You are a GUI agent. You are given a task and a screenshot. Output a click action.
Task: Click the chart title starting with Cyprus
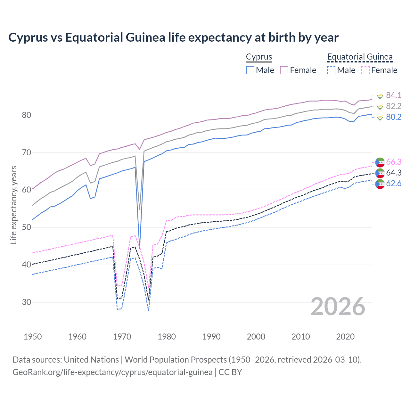[x=173, y=37]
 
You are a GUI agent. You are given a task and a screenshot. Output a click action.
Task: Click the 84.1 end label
[x=394, y=95]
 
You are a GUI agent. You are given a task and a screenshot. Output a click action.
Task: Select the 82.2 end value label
[x=394, y=106]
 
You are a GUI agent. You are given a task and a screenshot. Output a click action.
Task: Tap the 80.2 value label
[x=394, y=117]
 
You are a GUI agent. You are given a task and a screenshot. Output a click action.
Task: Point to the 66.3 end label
[x=394, y=162]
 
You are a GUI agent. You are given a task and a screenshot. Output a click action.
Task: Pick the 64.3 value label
[x=394, y=173]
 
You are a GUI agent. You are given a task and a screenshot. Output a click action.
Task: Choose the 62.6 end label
[x=394, y=184]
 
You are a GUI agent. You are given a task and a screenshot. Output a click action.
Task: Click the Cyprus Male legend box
[x=250, y=70]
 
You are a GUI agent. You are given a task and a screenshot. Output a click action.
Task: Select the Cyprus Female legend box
[x=284, y=70]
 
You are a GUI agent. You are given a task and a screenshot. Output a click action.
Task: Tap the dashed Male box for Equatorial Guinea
[x=331, y=70]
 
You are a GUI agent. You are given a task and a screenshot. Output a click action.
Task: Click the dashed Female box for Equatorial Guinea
[x=365, y=70]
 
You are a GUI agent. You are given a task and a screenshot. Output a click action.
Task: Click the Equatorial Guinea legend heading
[x=360, y=57]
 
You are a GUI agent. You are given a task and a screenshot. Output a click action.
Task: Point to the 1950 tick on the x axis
[x=33, y=337]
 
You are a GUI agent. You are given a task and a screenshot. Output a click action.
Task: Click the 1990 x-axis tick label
[x=211, y=337]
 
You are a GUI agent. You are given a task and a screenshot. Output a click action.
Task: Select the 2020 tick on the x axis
[x=345, y=337]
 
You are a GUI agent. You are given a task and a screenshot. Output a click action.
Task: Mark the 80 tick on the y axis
[x=27, y=115]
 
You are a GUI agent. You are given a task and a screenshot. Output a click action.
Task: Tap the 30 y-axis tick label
[x=27, y=302]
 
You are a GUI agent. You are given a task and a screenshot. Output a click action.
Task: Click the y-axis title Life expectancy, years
[x=13, y=205]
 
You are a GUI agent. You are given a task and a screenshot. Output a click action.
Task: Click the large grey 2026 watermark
[x=338, y=307]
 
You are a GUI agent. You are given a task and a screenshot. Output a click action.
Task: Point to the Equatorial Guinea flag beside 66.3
[x=380, y=162]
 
